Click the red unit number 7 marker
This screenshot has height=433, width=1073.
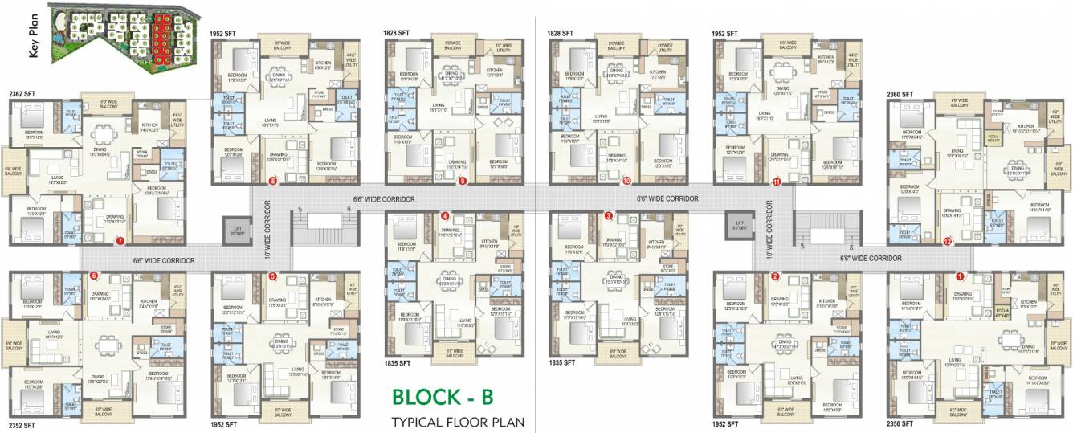(x=120, y=240)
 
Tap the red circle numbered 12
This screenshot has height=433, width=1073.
(x=948, y=240)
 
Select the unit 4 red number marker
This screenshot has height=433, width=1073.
(x=445, y=216)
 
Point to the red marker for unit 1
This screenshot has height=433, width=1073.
(x=959, y=276)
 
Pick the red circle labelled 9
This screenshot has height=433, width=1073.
(x=462, y=181)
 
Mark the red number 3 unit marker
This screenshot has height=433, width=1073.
(x=609, y=216)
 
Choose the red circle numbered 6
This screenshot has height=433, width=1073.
(x=94, y=276)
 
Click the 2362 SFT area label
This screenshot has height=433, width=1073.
(x=22, y=94)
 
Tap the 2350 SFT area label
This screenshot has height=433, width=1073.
(x=900, y=423)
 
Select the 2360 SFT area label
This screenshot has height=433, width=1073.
(x=900, y=94)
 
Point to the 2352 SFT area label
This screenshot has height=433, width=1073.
(x=22, y=425)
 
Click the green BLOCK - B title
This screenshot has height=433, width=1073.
(x=442, y=397)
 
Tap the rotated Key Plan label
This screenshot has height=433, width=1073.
(x=35, y=39)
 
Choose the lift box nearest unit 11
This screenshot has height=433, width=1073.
(x=738, y=227)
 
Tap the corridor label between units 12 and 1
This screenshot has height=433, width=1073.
(x=871, y=259)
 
